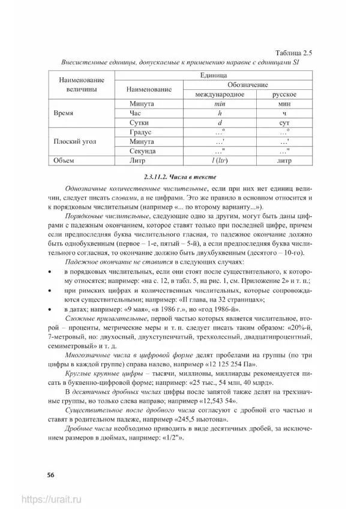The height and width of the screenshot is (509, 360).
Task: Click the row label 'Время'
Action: click(64, 113)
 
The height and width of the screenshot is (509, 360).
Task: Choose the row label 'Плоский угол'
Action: click(75, 141)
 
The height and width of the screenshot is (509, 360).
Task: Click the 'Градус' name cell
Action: click(142, 132)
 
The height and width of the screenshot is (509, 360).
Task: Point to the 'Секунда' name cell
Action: click(143, 151)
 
